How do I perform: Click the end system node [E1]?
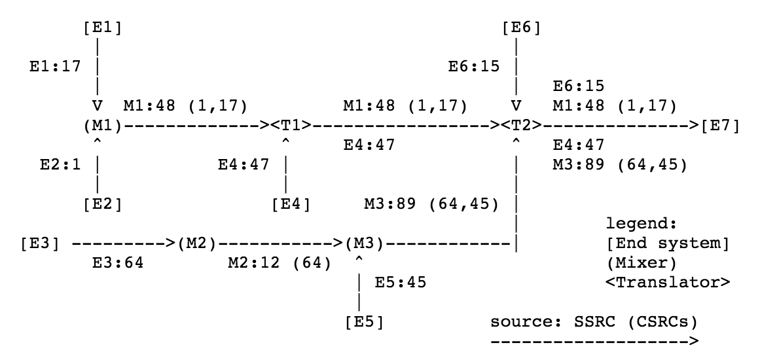point(103,28)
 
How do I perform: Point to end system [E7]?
point(720,124)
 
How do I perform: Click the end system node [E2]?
point(103,204)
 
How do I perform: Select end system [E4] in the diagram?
point(290,204)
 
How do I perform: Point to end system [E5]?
point(364,323)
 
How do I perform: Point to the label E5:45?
point(401,283)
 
